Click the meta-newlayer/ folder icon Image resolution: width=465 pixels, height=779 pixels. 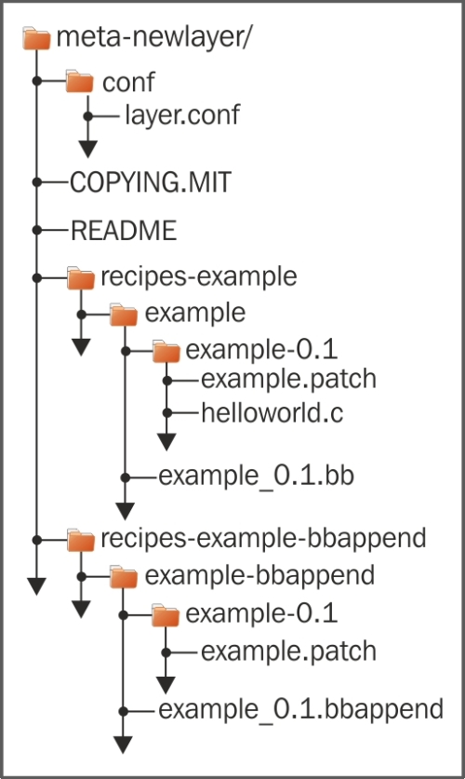(36, 38)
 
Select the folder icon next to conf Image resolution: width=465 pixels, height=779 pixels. (79, 81)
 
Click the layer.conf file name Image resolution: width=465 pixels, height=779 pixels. (182, 114)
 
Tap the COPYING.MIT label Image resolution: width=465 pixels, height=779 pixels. (151, 182)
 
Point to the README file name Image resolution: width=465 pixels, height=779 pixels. (124, 231)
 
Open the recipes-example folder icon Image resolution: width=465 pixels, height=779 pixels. (80, 278)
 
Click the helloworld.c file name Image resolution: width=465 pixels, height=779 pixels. (272, 413)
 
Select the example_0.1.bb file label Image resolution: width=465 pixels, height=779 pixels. (256, 476)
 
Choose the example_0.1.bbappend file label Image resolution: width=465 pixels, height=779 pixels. (300, 709)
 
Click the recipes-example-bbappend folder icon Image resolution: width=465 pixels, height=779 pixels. (80, 541)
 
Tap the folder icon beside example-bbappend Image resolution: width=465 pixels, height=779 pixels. (123, 576)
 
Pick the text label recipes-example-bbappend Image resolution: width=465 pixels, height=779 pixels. (263, 539)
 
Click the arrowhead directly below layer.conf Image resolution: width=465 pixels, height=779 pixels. (87, 149)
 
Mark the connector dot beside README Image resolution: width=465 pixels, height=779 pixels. (36, 230)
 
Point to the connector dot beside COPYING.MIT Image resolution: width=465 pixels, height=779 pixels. (36, 182)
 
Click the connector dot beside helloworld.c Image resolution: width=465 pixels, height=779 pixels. (167, 412)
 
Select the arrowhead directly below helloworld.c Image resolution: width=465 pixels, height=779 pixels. (166, 442)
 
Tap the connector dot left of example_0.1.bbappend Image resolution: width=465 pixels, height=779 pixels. (124, 711)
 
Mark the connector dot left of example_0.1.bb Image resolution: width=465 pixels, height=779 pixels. (126, 477)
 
